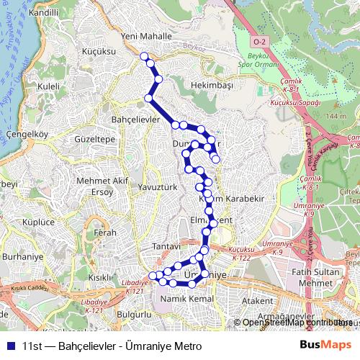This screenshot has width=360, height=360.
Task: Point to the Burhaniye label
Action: coord(22,256)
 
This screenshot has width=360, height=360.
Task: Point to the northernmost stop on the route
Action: coord(144,56)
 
